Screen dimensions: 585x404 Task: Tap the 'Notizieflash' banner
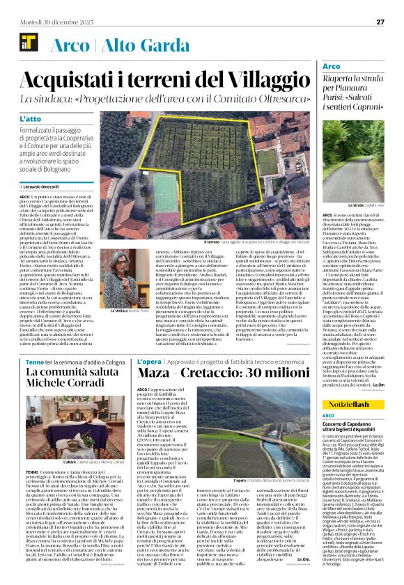(x=355, y=404)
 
